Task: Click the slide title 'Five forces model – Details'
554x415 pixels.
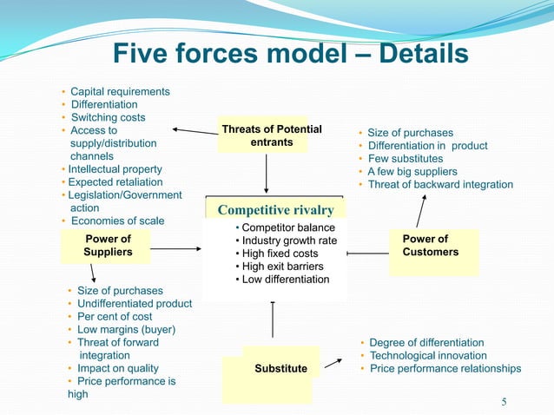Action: [291, 55]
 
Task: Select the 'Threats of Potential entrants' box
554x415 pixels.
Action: [271, 136]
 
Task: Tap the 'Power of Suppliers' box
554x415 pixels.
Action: [108, 246]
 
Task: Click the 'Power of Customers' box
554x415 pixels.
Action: [430, 246]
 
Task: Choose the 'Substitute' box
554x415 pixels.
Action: [280, 369]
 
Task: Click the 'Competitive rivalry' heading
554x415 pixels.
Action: [275, 210]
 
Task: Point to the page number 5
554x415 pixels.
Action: [505, 401]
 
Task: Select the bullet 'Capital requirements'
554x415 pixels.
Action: [120, 91]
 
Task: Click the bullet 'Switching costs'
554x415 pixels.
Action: [108, 117]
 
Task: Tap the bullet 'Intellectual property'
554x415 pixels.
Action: [115, 169]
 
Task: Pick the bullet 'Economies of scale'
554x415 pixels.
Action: [116, 221]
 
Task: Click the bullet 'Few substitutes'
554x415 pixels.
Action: [405, 159]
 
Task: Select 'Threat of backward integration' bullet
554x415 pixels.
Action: [440, 185]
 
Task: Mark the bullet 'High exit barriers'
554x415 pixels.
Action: [282, 267]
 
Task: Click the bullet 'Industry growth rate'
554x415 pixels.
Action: [289, 240]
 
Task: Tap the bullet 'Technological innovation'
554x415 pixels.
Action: [428, 356]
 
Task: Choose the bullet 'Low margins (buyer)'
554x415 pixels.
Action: [126, 330]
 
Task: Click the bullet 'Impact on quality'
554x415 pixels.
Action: [118, 368]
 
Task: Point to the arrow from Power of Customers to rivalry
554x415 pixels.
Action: [368, 254]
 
